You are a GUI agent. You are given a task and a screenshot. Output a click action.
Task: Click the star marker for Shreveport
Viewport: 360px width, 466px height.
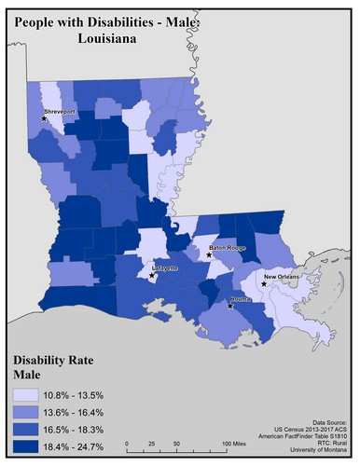[x=44, y=118]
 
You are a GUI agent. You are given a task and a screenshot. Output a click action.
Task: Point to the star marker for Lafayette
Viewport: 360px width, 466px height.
[x=153, y=275]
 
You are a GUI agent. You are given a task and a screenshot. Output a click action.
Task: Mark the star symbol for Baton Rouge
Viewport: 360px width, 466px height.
[x=210, y=253]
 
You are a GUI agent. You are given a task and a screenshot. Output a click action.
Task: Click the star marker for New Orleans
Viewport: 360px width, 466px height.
[x=264, y=284]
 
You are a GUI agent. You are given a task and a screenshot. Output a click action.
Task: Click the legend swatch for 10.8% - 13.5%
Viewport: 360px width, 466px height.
[x=28, y=395]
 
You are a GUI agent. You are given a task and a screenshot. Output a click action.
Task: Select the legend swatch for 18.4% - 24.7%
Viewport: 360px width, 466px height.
[x=28, y=445]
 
